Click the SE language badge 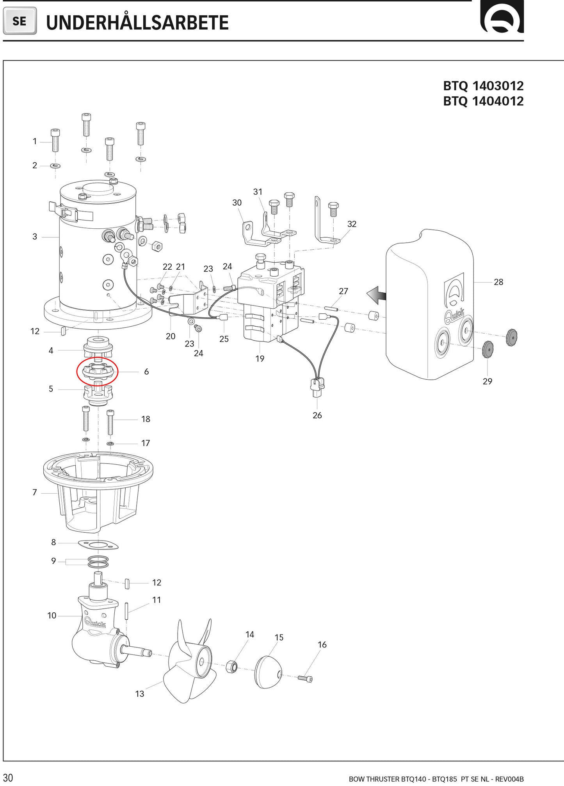tap(20, 21)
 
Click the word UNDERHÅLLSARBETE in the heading tap(137, 23)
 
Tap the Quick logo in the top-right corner tap(502, 18)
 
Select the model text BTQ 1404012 tap(483, 101)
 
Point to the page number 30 tap(8, 777)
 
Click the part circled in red tap(97, 371)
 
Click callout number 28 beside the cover tap(498, 282)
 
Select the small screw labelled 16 tap(305, 679)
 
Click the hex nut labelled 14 tap(232, 666)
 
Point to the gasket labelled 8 tap(98, 545)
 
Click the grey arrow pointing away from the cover tap(376, 295)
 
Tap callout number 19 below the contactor tap(260, 359)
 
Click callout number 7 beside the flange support tap(34, 493)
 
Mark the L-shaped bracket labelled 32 tap(325, 226)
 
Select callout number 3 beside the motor tap(35, 237)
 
